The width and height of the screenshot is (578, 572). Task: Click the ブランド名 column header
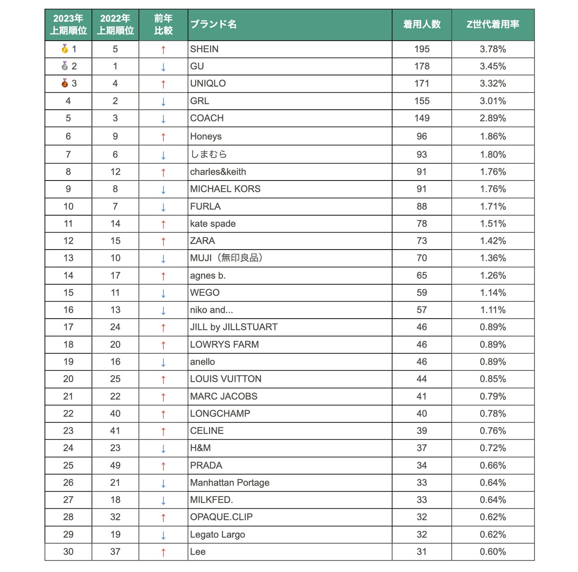213,25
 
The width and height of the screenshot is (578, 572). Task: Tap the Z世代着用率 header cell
493,25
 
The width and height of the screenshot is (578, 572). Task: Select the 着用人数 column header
422,25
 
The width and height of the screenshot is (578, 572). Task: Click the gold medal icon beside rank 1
65,49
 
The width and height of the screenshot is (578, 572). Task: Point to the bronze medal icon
65,83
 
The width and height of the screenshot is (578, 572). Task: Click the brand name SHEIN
204,49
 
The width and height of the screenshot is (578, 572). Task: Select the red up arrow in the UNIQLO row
163,84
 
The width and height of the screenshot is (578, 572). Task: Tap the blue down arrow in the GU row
163,67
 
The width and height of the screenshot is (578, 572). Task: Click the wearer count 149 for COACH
422,118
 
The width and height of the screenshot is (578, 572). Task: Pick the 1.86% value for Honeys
493,136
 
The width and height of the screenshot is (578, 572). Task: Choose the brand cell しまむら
208,155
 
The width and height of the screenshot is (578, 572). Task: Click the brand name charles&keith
218,172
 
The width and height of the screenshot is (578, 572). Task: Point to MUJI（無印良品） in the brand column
226,258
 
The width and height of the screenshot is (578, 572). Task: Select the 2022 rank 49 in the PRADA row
115,465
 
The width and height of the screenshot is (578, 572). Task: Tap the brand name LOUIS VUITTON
226,379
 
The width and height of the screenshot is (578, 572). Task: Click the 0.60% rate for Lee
493,552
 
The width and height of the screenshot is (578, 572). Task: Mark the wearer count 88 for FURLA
422,206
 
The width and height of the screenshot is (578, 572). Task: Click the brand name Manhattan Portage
230,483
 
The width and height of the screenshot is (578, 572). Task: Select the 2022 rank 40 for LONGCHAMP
115,414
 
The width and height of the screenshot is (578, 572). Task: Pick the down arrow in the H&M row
163,449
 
